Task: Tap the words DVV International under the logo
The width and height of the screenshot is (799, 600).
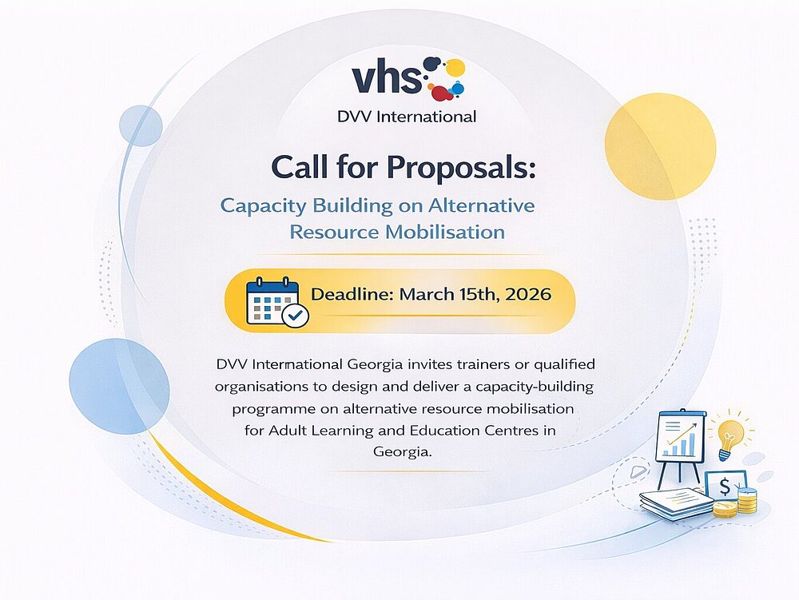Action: [407, 117]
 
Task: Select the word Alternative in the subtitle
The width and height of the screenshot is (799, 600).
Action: [482, 205]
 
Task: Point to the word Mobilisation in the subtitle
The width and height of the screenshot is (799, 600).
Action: [445, 232]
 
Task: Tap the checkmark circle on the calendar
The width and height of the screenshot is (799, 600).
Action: [295, 316]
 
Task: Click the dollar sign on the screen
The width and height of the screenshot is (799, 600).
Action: [725, 487]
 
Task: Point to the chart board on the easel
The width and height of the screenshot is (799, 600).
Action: [680, 435]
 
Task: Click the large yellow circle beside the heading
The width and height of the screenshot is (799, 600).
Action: [661, 146]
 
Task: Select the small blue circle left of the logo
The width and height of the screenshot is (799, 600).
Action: [141, 125]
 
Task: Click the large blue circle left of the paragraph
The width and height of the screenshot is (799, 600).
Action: [119, 386]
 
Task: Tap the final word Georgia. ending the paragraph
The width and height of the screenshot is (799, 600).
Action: [403, 451]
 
